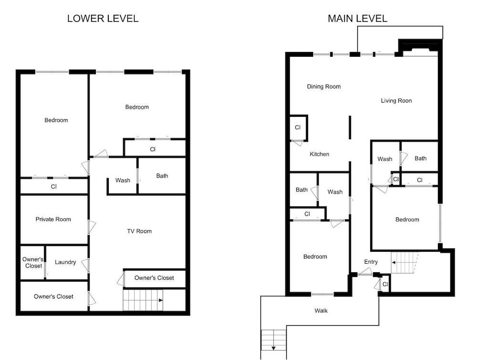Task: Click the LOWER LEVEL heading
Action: point(103,19)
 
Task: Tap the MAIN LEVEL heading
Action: point(357,19)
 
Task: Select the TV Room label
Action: point(139,231)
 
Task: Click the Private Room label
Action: point(53,219)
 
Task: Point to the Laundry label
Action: point(65,262)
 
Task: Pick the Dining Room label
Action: point(324,86)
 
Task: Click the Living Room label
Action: point(396,101)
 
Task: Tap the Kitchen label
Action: point(320,154)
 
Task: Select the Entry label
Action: point(371,262)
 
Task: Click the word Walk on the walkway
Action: point(321,310)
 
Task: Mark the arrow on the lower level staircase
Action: point(161,300)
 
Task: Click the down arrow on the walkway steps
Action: point(273,348)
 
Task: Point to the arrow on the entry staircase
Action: point(394,262)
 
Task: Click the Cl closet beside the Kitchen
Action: point(298,127)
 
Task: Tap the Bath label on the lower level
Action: point(162,176)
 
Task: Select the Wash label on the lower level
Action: point(123,180)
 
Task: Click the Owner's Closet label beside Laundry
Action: point(33,263)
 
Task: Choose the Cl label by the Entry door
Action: point(385,284)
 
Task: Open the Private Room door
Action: point(91,227)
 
